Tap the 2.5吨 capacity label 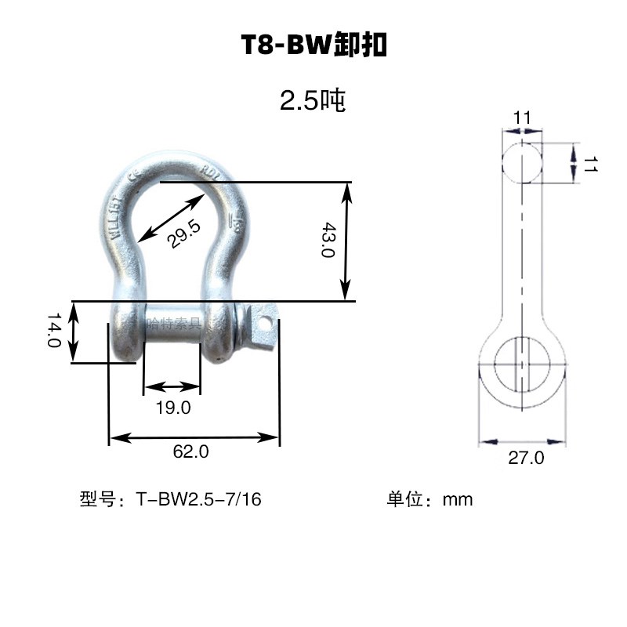(313, 101)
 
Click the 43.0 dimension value (328, 241)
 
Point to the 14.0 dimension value (54, 332)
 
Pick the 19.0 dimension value (173, 408)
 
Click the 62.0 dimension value (192, 451)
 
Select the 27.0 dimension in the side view (525, 458)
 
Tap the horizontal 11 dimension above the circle (522, 118)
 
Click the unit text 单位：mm (429, 499)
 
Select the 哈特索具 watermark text (174, 321)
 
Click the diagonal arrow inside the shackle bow (169, 220)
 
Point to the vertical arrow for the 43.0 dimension (346, 241)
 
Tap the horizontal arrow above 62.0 (194, 437)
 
